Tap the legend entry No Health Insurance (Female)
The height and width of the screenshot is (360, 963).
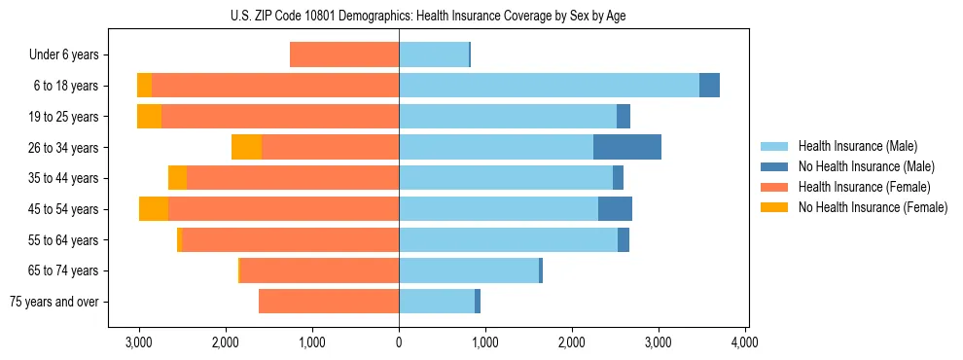[873, 207]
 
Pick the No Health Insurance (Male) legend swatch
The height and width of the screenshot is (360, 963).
[775, 166]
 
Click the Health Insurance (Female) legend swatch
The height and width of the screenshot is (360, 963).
[775, 187]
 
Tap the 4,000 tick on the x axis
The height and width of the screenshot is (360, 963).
[745, 342]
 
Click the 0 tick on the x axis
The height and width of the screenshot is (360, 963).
[399, 342]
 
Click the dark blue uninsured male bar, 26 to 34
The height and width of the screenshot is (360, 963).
[627, 147]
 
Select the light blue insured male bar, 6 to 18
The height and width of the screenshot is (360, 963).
[549, 86]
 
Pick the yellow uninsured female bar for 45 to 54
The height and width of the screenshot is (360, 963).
[154, 209]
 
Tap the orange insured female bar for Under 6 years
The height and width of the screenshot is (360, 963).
[344, 54]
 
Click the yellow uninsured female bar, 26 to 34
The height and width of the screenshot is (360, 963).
[246, 147]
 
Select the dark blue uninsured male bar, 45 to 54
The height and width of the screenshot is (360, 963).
[615, 209]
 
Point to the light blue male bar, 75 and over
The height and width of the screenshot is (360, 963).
[436, 302]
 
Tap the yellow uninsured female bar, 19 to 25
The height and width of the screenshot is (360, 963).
[149, 117]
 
